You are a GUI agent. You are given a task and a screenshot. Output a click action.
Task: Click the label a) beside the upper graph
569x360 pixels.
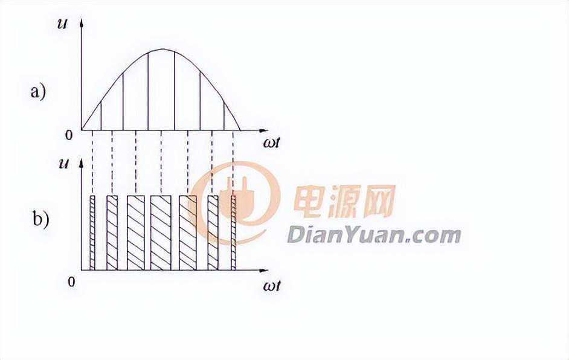coord(38,92)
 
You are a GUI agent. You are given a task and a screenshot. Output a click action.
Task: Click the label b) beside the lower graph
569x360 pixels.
coord(40,219)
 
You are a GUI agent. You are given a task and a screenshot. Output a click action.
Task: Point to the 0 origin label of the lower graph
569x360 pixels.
coord(72,282)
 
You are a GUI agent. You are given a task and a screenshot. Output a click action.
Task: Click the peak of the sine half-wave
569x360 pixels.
coord(161,50)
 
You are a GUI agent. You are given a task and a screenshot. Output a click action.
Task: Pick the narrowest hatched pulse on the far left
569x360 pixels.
coord(92,233)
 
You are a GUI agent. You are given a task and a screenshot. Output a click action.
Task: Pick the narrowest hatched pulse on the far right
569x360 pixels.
coord(233,233)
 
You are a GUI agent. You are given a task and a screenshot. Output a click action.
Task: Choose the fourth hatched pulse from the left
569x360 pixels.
coord(161,233)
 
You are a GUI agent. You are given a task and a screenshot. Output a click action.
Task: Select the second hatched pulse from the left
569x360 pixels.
coord(112,233)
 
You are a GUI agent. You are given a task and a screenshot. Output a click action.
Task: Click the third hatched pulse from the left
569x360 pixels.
coord(135,233)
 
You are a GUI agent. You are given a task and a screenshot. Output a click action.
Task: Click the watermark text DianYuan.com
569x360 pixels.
coord(373,235)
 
